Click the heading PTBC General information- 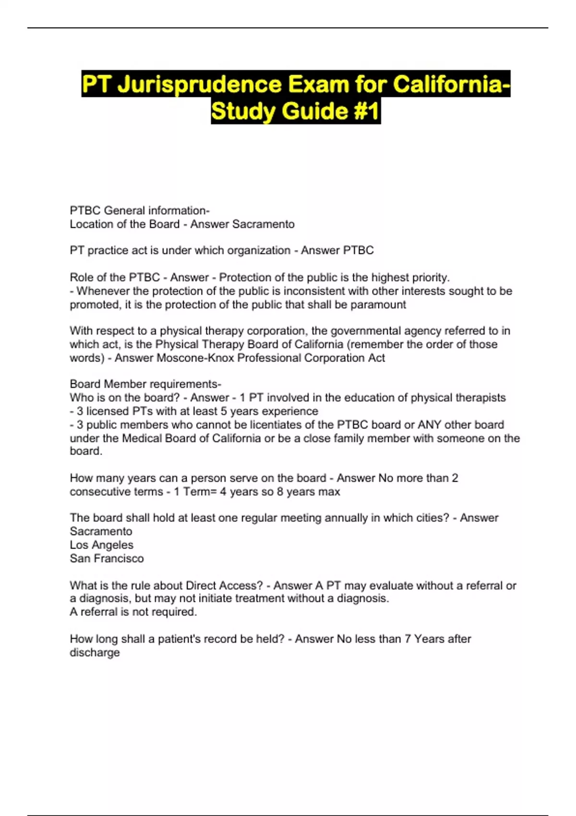click(140, 210)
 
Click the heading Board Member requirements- click(145, 384)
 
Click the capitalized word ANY click(429, 425)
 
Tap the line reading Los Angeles click(101, 545)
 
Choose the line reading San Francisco click(107, 558)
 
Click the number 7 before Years click(408, 639)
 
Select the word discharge click(95, 652)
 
